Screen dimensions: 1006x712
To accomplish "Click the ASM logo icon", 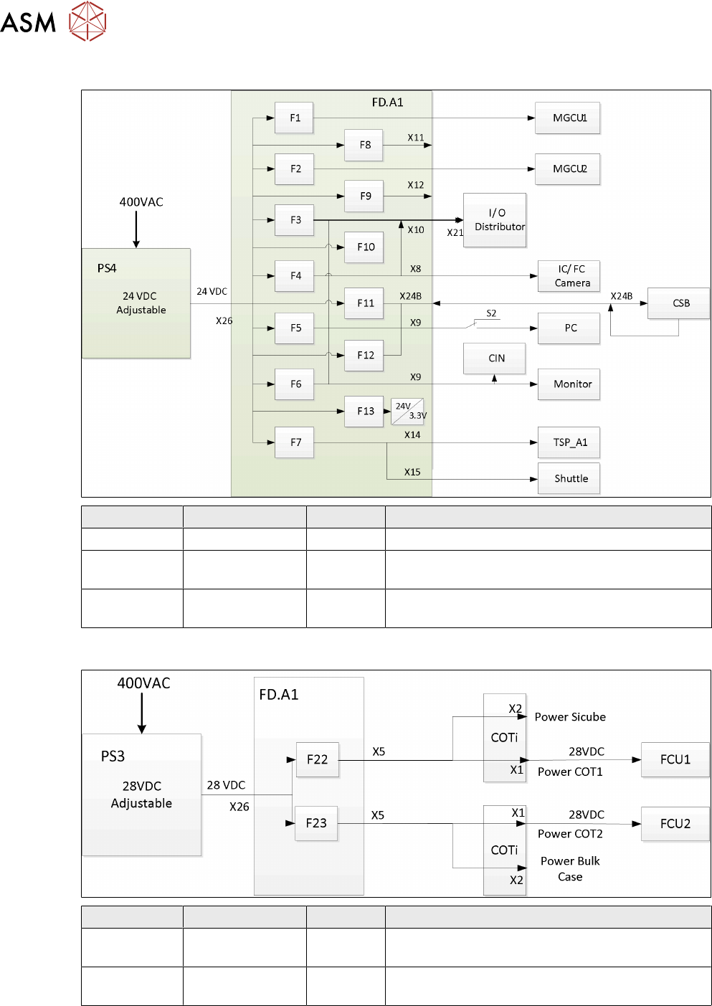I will [87, 21].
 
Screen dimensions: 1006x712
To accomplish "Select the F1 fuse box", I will [294, 118].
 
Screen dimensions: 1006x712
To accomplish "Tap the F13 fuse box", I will [364, 412].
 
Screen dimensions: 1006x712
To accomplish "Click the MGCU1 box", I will [568, 118].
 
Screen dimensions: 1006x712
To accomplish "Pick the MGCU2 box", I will [568, 169].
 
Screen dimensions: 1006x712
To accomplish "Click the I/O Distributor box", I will [495, 220].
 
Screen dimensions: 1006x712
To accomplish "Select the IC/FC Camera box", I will [569, 276].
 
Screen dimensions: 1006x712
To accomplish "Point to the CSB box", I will [678, 303].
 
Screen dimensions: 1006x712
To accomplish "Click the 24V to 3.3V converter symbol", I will [408, 412].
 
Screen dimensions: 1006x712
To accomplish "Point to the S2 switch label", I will [491, 313].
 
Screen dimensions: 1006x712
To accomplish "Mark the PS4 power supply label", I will [107, 268].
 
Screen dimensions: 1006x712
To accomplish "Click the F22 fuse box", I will [317, 760].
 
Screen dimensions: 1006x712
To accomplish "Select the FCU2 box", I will [675, 824].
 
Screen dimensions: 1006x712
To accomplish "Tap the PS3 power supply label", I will [113, 756].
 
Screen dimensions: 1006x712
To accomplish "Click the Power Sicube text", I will [570, 717].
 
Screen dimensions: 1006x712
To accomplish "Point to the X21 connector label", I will [455, 233].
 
